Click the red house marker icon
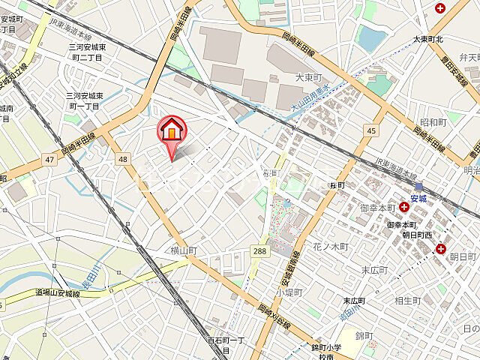tap(172, 130)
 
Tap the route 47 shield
tap(49, 160)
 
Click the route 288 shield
tap(259, 250)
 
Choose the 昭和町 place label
tap(433, 121)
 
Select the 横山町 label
tap(183, 250)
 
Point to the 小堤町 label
tap(288, 292)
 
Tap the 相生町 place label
tap(407, 301)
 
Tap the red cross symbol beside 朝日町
tap(441, 248)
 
